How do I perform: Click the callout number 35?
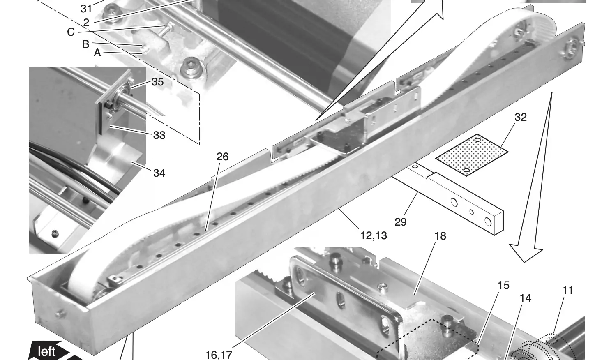(157, 82)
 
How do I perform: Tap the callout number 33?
(159, 136)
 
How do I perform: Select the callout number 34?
(159, 173)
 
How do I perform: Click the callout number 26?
(223, 157)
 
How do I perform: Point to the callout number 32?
(521, 117)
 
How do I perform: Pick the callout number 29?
(401, 222)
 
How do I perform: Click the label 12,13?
(374, 235)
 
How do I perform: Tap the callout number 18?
(440, 236)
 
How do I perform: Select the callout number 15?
(503, 285)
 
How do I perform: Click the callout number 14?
(525, 298)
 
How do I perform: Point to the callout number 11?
(567, 291)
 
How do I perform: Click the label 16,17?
(219, 355)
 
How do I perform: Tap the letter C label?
(71, 32)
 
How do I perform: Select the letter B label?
(86, 44)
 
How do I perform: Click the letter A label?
(97, 53)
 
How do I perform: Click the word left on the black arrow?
(47, 351)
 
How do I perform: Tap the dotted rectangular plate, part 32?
(472, 155)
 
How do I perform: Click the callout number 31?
(86, 9)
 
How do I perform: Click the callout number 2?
(86, 23)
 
